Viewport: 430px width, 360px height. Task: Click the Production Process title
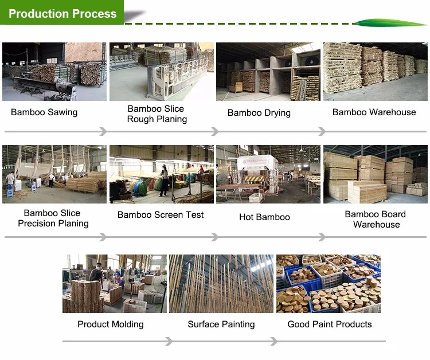(x=62, y=14)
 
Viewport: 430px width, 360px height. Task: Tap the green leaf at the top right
(x=389, y=23)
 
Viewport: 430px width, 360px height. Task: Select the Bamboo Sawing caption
(x=44, y=112)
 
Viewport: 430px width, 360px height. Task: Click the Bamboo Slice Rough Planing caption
(x=157, y=114)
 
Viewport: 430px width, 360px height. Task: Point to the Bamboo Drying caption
(x=259, y=112)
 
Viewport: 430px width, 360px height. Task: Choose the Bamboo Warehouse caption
(x=374, y=112)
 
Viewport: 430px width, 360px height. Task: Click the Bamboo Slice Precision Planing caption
(x=53, y=218)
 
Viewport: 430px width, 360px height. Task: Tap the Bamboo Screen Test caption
(x=161, y=215)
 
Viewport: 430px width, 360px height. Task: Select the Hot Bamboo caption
(x=264, y=217)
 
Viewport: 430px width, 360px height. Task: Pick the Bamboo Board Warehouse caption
(x=376, y=219)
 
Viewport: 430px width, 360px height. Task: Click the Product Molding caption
(x=111, y=324)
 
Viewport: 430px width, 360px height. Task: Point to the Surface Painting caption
(x=221, y=324)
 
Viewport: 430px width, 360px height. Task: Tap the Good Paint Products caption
(x=330, y=324)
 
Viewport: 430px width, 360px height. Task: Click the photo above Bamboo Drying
(x=268, y=72)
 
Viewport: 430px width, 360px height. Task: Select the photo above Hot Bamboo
(x=268, y=174)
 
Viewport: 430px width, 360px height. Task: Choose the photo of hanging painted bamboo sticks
(x=221, y=284)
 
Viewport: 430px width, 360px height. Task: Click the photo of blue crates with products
(x=329, y=284)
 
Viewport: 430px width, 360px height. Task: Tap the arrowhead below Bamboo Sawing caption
(x=103, y=132)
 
